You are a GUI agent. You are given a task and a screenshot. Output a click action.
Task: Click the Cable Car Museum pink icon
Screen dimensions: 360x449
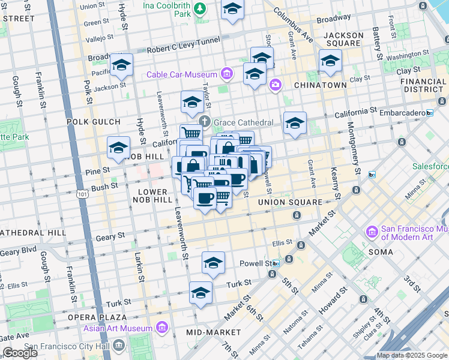(x=226, y=74)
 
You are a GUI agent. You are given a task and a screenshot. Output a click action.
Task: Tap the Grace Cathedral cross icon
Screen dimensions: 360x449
(x=205, y=122)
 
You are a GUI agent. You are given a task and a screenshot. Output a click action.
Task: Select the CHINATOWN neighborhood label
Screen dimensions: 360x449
(x=320, y=85)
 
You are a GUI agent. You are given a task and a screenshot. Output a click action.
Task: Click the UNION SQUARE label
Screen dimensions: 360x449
(x=290, y=202)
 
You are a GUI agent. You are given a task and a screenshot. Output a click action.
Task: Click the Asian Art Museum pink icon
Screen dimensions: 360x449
(x=161, y=328)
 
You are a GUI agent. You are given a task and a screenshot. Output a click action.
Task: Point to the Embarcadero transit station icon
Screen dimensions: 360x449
(x=429, y=113)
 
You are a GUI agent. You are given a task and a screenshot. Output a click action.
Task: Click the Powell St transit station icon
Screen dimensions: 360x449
(x=276, y=263)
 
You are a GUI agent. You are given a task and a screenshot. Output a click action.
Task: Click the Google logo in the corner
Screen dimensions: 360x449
(x=20, y=353)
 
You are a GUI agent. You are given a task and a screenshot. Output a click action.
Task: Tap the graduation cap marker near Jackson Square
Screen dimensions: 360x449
(x=330, y=61)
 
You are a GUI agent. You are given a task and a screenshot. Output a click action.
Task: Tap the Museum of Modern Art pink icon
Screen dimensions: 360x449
(x=371, y=231)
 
